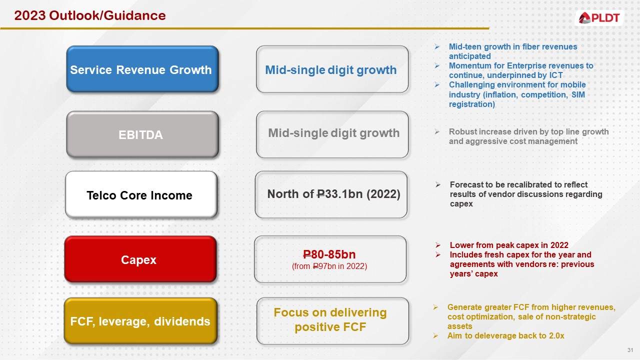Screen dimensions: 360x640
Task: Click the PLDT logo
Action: (599, 18)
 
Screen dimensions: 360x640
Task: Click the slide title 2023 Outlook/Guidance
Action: (90, 16)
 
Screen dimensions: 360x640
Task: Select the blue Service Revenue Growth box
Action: (142, 69)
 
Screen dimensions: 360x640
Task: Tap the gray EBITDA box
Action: (142, 135)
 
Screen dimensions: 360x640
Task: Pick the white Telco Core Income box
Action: (140, 195)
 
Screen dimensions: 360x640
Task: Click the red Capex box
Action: (139, 260)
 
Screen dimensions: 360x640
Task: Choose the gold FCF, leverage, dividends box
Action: (140, 321)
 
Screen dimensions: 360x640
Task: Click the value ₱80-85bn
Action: (329, 254)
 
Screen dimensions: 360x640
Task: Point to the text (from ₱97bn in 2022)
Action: (329, 266)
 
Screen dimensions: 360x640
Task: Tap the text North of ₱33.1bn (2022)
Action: (333, 194)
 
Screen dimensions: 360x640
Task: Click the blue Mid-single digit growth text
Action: (331, 70)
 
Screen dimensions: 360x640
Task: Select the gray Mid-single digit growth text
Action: (333, 133)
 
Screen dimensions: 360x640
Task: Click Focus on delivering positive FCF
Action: (330, 320)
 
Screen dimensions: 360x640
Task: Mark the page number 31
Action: (630, 349)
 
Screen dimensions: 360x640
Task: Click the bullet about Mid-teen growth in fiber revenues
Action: (512, 51)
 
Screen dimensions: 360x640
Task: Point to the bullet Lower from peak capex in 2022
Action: (508, 245)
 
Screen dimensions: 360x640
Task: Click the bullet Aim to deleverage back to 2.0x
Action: (505, 335)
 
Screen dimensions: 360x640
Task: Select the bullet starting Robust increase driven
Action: (528, 136)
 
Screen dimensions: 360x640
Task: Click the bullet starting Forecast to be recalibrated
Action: (525, 194)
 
